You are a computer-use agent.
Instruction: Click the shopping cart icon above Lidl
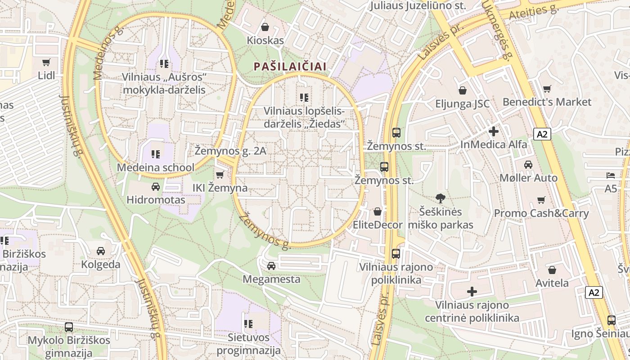pos(46,62)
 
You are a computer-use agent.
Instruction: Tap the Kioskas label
pos(265,40)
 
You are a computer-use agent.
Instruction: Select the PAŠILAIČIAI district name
pos(290,67)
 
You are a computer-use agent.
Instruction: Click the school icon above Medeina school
pos(156,154)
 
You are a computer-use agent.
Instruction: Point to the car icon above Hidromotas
pos(156,186)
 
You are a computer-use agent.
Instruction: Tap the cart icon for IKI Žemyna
pos(220,175)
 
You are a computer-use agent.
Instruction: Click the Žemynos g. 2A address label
pos(230,151)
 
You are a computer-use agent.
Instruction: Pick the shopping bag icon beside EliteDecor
pos(378,211)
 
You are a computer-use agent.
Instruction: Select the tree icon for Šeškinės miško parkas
pos(440,198)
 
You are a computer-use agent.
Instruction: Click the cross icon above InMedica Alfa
pos(494,131)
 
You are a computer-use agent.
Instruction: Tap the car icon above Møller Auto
pos(528,165)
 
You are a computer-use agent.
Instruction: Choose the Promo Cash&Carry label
pos(541,213)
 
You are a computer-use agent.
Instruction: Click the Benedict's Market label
pos(547,102)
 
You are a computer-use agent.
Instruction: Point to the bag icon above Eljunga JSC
pos(462,90)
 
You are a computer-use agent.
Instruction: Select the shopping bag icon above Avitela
pos(552,270)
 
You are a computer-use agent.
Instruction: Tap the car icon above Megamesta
pos(271,266)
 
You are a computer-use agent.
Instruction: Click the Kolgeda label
pos(101,265)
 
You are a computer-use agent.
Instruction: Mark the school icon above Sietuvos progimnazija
pos(248,324)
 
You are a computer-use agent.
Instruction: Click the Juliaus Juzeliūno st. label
pos(417,6)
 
